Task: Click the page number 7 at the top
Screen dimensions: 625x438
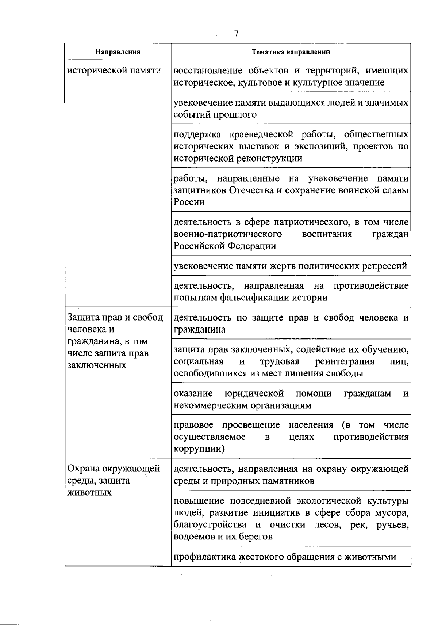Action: click(236, 33)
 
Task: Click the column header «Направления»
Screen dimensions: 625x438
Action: click(118, 52)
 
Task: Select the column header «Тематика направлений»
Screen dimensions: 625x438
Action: click(291, 52)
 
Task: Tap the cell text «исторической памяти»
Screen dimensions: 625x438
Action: click(114, 70)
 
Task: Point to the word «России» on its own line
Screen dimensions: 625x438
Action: click(189, 202)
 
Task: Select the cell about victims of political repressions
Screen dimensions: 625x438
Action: click(290, 266)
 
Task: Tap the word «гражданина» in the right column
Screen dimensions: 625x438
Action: click(199, 329)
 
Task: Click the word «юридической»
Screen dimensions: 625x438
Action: click(254, 393)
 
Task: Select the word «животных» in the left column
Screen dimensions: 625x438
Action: click(90, 492)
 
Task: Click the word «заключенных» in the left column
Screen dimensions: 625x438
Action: click(97, 365)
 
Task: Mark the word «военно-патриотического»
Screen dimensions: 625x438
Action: click(228, 234)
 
